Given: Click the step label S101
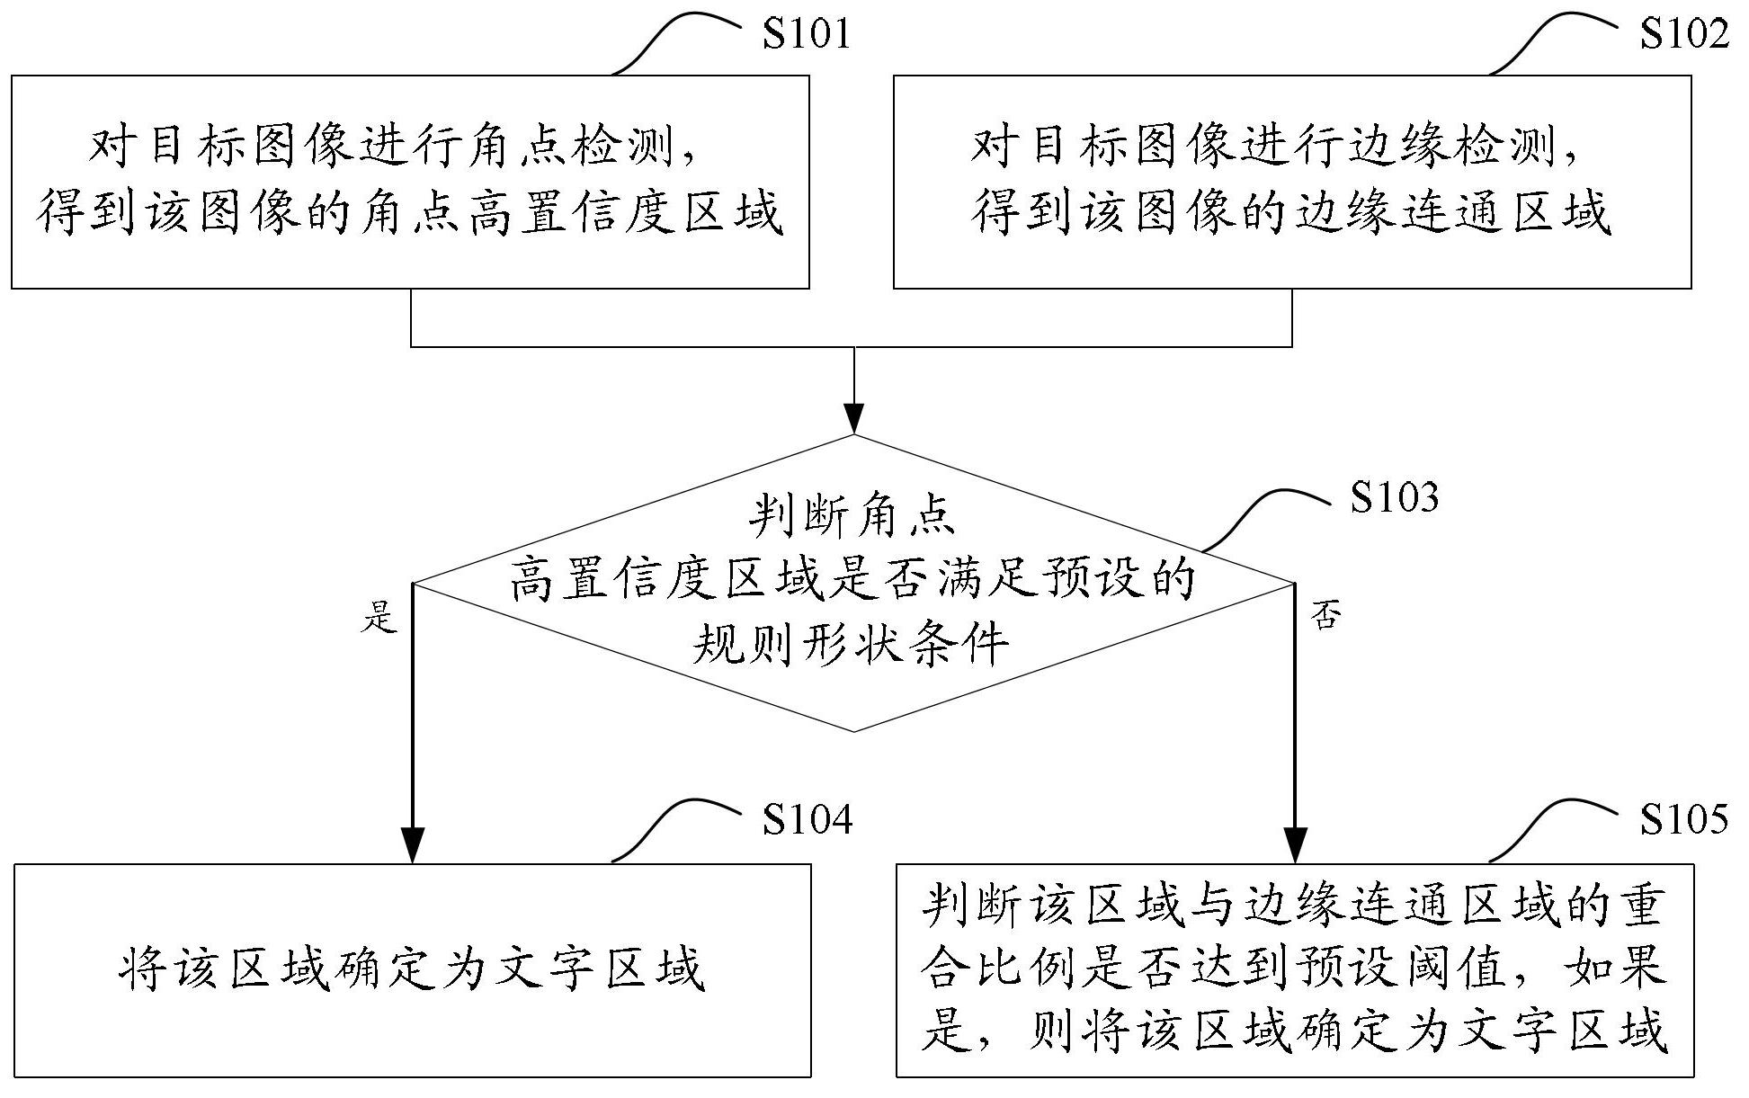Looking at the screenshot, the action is pyautogui.click(x=807, y=35).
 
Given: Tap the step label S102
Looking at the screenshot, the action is pyautogui.click(x=1684, y=35).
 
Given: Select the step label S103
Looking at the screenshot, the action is pyautogui.click(x=1395, y=497).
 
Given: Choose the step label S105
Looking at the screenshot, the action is pyautogui.click(x=1684, y=819).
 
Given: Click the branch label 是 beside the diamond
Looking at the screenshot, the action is pyautogui.click(x=379, y=617).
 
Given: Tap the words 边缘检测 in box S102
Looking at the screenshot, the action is pyautogui.click(x=1453, y=147).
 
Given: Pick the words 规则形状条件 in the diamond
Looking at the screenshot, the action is pyautogui.click(x=852, y=644).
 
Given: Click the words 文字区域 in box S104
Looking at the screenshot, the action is pyautogui.click(x=599, y=970).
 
